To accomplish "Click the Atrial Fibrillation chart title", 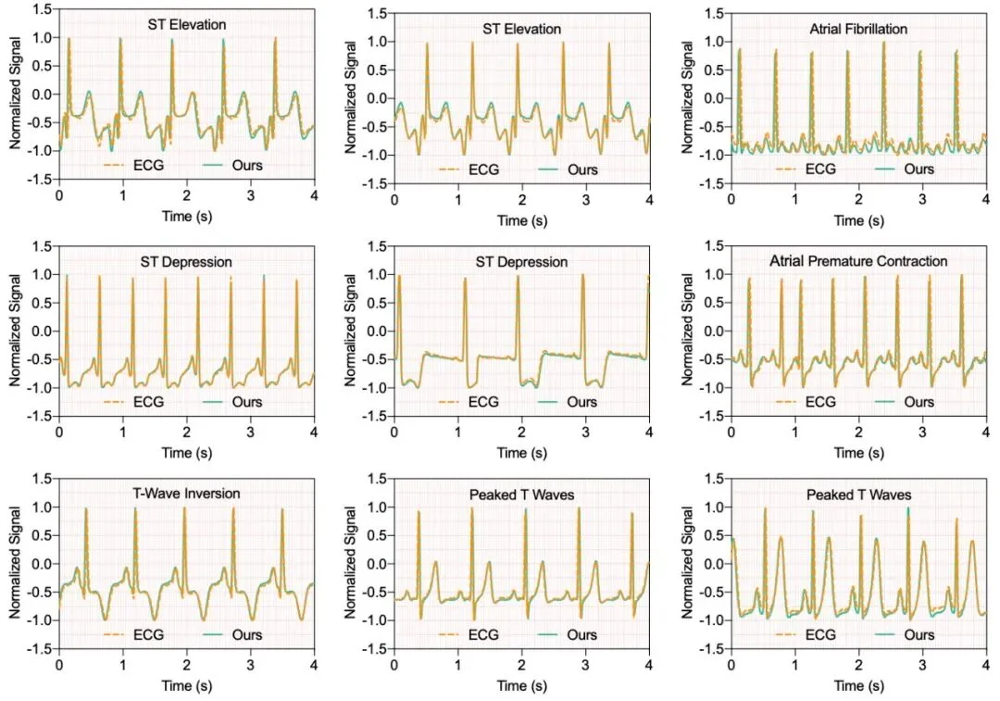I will coord(857,29).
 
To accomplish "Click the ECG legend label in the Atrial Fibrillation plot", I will coord(821,169).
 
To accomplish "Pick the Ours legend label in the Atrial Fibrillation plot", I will coord(919,169).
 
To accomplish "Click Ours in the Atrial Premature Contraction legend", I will coord(919,402).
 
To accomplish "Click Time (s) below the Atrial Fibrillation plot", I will coord(857,221).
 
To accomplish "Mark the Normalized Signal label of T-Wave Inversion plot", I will coord(16,563).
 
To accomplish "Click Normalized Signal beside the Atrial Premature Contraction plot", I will coord(688,330).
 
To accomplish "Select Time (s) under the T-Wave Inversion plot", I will coord(186,687).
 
